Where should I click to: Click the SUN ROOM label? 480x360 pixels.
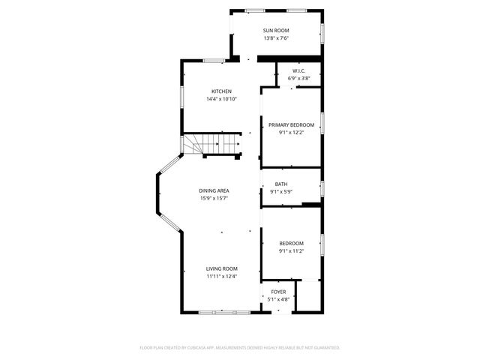(x=276, y=30)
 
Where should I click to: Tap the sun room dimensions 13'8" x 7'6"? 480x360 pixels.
(x=276, y=38)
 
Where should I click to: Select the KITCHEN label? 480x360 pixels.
(x=221, y=91)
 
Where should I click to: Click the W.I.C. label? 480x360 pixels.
(x=299, y=71)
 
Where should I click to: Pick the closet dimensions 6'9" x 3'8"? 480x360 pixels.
(x=299, y=79)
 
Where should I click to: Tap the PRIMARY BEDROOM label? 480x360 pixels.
(x=291, y=125)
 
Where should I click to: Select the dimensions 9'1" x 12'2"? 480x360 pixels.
(x=291, y=133)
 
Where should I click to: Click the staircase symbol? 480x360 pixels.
(x=211, y=144)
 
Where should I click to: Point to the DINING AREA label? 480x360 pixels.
(x=214, y=190)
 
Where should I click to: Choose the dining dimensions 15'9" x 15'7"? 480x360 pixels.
(x=214, y=199)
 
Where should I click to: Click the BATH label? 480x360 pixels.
(x=281, y=184)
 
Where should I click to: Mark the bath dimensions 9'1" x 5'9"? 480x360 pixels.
(x=281, y=192)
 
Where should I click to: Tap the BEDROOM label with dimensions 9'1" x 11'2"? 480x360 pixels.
(x=291, y=244)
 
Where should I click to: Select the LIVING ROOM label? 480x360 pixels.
(x=222, y=268)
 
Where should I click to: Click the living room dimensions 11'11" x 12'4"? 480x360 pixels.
(x=222, y=277)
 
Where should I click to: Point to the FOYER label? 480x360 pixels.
(x=278, y=292)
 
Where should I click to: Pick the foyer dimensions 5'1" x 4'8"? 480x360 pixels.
(x=278, y=300)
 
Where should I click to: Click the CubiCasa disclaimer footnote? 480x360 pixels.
(x=240, y=348)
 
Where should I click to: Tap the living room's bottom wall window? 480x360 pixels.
(x=221, y=311)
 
